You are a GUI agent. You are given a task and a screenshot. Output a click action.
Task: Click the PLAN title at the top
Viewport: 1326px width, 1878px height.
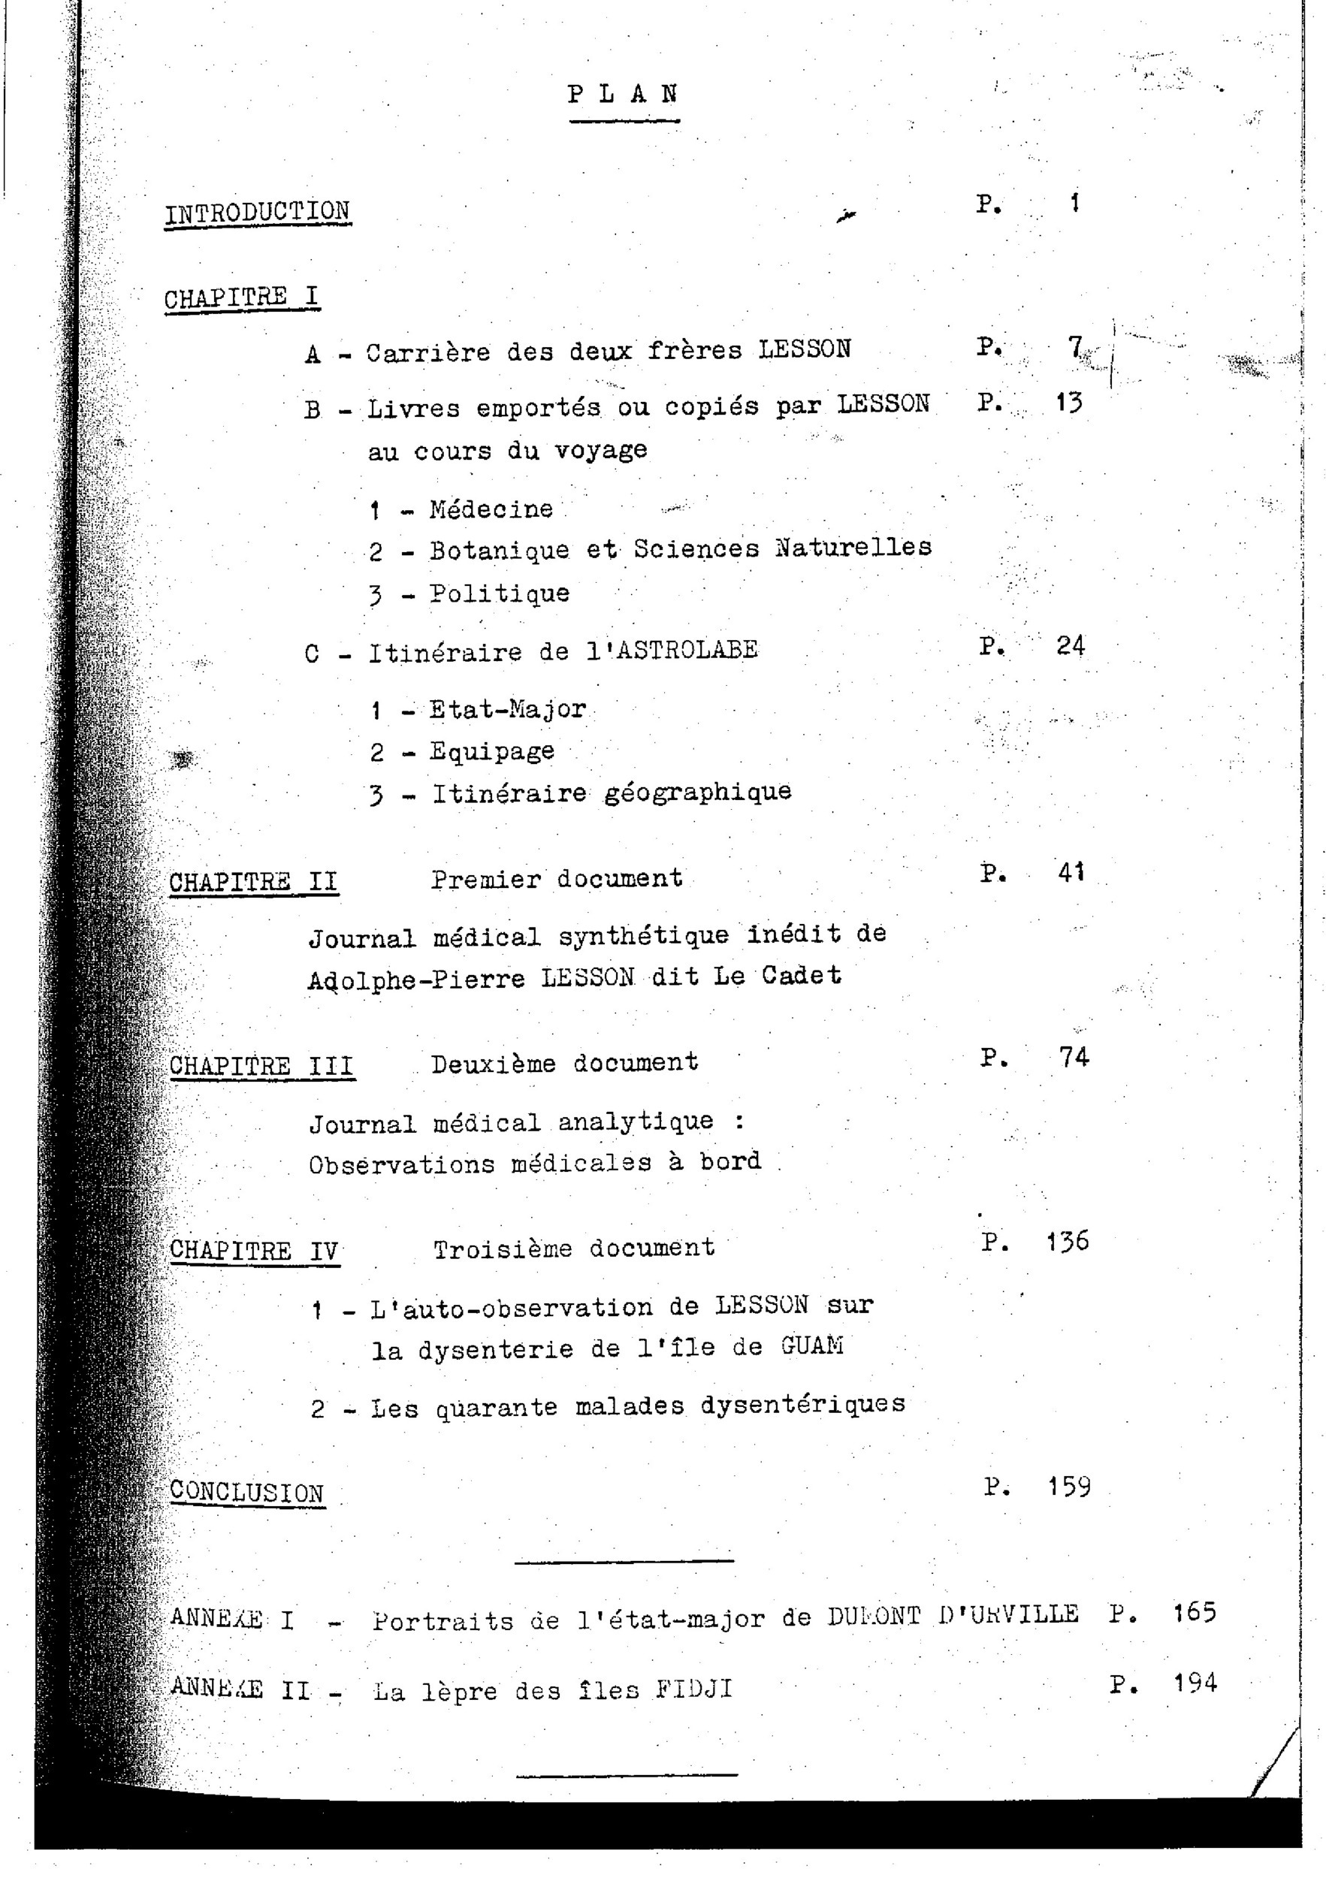click(x=624, y=94)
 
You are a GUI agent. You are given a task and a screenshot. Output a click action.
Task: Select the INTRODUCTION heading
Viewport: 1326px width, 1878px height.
click(x=257, y=212)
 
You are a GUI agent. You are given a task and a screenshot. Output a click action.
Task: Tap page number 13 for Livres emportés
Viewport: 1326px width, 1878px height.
click(x=1068, y=403)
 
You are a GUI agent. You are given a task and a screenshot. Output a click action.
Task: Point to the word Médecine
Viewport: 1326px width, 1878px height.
click(x=491, y=509)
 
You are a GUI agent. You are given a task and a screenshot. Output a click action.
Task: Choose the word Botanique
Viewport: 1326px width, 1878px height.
click(x=500, y=551)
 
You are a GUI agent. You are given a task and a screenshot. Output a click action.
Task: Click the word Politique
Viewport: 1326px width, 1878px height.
click(x=500, y=593)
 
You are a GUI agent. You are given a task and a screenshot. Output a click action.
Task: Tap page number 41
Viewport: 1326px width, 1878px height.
click(x=1071, y=874)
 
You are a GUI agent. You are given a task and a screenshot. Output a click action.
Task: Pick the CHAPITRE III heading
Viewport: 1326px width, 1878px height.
click(x=261, y=1067)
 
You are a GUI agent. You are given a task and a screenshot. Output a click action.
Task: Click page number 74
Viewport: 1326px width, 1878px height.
click(x=1074, y=1058)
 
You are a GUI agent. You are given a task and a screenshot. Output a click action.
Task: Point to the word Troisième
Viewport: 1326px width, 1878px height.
click(x=503, y=1249)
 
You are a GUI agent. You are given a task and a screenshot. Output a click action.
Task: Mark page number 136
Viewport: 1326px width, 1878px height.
click(x=1068, y=1242)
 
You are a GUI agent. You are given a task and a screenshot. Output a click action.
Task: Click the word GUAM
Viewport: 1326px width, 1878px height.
click(x=811, y=1346)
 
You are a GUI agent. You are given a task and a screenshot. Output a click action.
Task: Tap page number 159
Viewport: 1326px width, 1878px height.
click(x=1069, y=1486)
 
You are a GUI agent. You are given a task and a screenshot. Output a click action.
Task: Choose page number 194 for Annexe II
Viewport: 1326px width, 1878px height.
click(x=1195, y=1683)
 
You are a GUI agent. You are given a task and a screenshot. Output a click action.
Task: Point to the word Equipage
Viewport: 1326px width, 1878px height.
click(x=492, y=752)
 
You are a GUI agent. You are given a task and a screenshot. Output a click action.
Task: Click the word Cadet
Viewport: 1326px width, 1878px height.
click(x=801, y=976)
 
